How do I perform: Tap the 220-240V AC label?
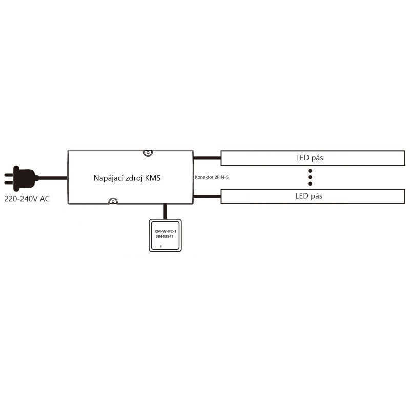click(x=27, y=199)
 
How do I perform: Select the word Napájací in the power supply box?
click(x=109, y=178)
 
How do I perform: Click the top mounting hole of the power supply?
click(x=148, y=153)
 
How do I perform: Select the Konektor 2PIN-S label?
click(x=212, y=177)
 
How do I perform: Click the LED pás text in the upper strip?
click(x=309, y=158)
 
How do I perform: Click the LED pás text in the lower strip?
click(x=309, y=196)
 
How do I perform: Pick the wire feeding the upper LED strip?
click(x=207, y=157)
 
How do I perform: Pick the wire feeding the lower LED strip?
click(x=207, y=196)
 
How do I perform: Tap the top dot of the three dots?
click(x=310, y=170)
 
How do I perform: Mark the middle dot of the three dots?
click(x=310, y=177)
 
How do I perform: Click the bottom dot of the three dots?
click(x=310, y=183)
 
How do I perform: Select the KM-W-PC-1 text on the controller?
click(x=165, y=232)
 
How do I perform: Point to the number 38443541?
click(x=165, y=237)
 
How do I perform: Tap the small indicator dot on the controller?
click(x=161, y=247)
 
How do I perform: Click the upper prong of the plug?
click(x=9, y=174)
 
